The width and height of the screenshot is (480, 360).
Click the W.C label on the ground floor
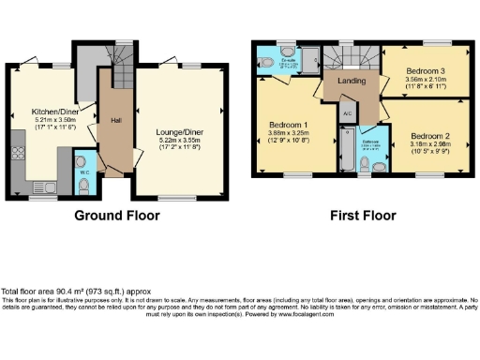click(x=82, y=172)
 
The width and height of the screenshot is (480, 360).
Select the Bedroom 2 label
click(x=430, y=135)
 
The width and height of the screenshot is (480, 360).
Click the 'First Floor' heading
click(x=364, y=215)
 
